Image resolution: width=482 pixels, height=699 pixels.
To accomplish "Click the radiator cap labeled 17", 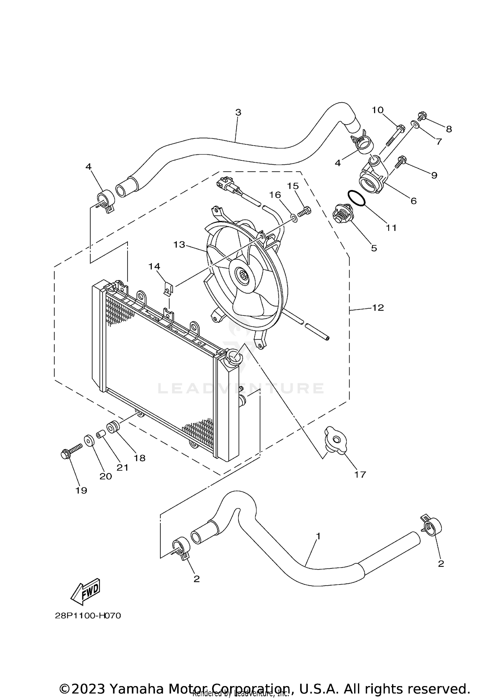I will (x=335, y=440).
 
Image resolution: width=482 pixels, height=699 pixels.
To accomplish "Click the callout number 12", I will (x=378, y=308).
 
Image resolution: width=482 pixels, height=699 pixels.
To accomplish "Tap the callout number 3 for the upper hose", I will (x=238, y=113).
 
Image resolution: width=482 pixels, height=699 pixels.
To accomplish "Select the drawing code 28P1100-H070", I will (x=88, y=616).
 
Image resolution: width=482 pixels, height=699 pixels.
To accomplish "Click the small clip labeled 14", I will (x=167, y=288).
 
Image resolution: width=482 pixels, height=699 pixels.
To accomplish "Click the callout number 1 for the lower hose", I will (x=318, y=536).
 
